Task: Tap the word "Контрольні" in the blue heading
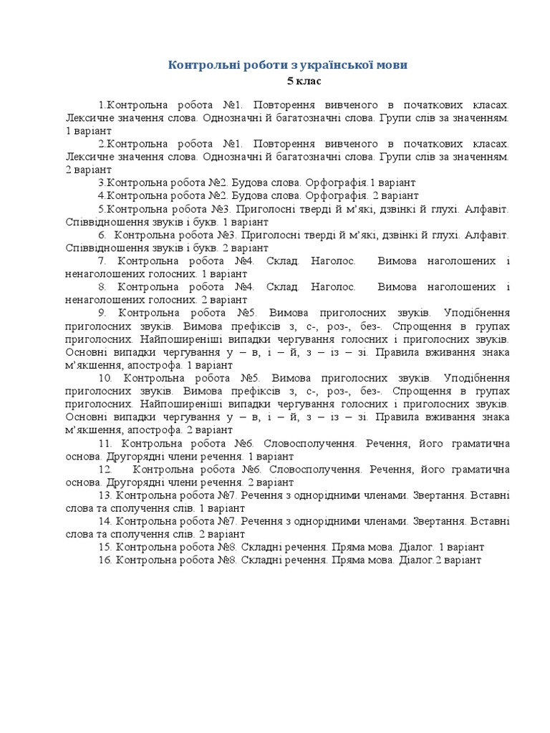(197, 65)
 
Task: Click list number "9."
(103, 313)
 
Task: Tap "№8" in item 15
(228, 547)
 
